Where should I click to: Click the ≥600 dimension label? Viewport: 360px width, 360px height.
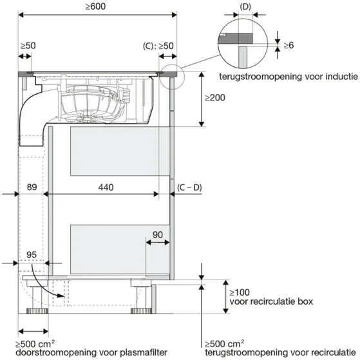(x=95, y=6)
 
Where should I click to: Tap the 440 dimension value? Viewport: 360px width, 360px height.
(x=106, y=187)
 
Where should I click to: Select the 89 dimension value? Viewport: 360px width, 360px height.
(x=32, y=187)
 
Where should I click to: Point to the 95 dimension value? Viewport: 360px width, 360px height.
(x=32, y=254)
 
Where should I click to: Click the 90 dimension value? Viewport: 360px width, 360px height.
(x=158, y=234)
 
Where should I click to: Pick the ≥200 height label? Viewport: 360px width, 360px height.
(x=215, y=98)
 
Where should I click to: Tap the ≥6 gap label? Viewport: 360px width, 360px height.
(x=289, y=45)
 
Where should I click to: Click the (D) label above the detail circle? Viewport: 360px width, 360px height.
(x=245, y=7)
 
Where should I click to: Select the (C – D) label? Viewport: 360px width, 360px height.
(x=189, y=187)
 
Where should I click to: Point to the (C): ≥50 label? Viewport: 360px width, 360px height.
(x=158, y=46)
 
